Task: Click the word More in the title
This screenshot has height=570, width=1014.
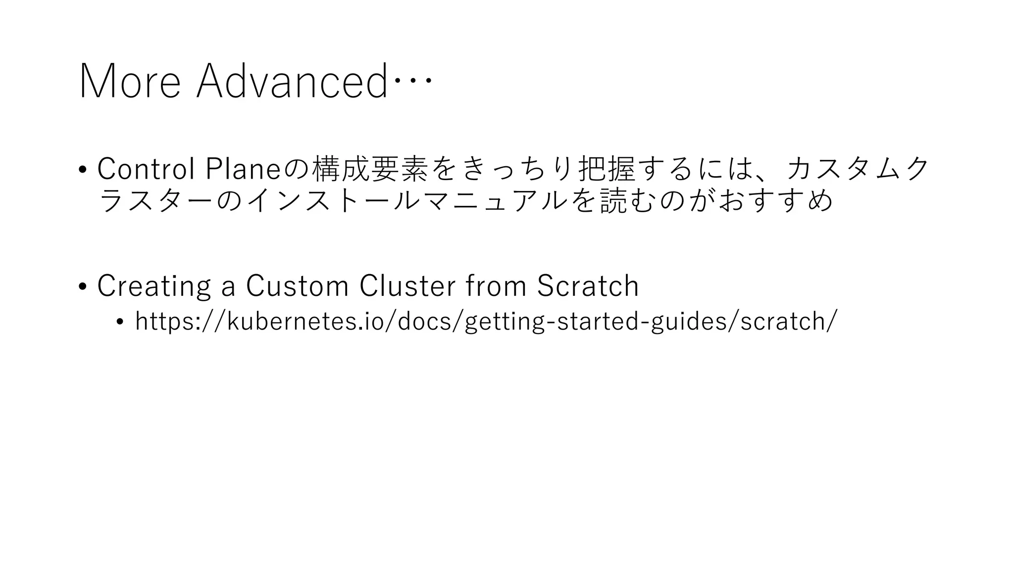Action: click(x=130, y=82)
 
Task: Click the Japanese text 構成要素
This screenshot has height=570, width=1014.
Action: click(x=370, y=169)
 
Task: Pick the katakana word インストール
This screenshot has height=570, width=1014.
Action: click(x=326, y=201)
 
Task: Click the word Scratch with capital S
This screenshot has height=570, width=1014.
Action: click(x=588, y=286)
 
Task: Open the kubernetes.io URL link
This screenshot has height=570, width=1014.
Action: click(x=486, y=321)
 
